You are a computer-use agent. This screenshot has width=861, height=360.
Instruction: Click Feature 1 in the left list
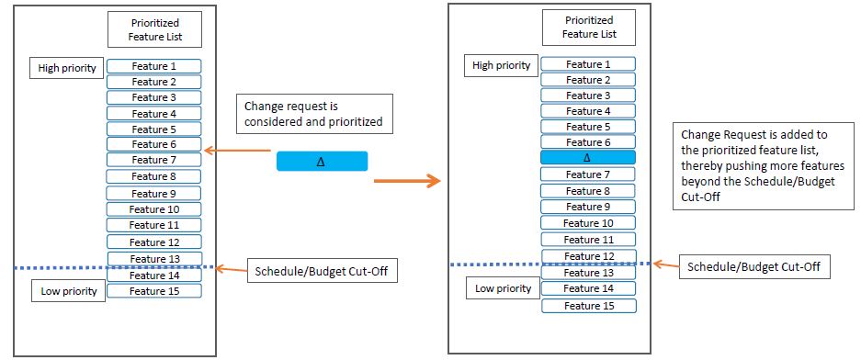tap(153, 66)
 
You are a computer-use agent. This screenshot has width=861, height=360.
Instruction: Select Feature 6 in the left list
tap(153, 144)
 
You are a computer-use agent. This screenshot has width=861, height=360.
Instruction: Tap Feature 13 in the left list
tap(153, 258)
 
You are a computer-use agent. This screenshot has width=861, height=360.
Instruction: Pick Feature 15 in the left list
tap(153, 291)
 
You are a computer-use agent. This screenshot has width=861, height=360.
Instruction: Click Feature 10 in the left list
tap(153, 208)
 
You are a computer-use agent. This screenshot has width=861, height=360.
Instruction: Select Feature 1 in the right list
tap(588, 64)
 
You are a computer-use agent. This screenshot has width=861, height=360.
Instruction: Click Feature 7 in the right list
tap(588, 174)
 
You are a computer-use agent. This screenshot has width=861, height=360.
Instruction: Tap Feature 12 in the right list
tap(588, 256)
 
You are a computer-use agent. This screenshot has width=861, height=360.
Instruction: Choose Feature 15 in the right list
tap(588, 305)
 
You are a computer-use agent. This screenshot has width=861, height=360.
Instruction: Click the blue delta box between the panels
tap(322, 162)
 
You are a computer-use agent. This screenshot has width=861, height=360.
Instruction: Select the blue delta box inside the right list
tap(588, 158)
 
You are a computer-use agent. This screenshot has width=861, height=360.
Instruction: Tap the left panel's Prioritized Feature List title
tap(153, 29)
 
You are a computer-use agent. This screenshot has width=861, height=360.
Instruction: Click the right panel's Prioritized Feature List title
tap(588, 27)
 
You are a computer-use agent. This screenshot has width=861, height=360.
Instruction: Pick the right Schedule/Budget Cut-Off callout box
tap(754, 267)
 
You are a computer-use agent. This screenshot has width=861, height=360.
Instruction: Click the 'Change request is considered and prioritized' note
tap(314, 113)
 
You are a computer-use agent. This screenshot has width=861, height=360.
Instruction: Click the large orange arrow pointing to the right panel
tap(406, 182)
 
